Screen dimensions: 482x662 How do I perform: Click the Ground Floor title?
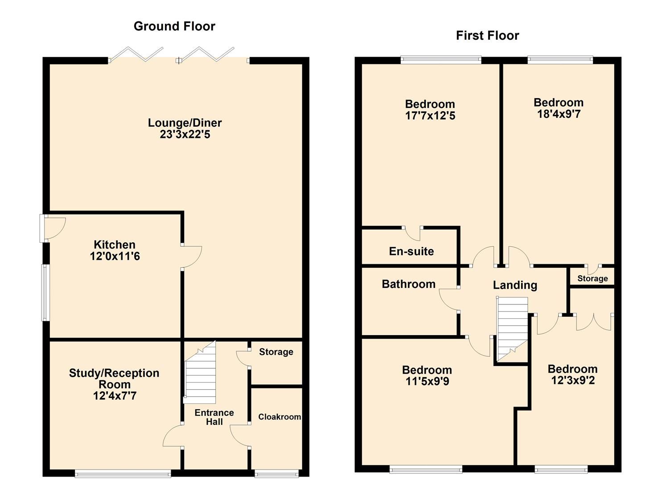point(174,26)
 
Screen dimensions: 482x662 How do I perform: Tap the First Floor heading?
point(487,36)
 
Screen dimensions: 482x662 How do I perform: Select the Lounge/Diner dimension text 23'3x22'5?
point(185,134)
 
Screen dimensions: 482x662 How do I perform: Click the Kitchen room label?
point(115,245)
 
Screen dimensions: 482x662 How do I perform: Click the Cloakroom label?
point(280,417)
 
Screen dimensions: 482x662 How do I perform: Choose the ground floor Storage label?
point(276,352)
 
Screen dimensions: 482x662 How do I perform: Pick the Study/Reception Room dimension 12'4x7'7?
point(115,396)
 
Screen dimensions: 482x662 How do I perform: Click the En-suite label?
point(411,251)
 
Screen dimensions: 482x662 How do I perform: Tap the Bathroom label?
point(408,284)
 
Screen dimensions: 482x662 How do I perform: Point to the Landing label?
point(515,285)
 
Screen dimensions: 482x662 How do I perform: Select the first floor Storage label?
point(592,278)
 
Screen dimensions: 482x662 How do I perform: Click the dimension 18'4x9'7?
point(559,114)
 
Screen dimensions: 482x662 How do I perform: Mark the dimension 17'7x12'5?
point(430,116)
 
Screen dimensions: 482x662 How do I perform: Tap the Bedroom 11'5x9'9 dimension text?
point(427,382)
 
